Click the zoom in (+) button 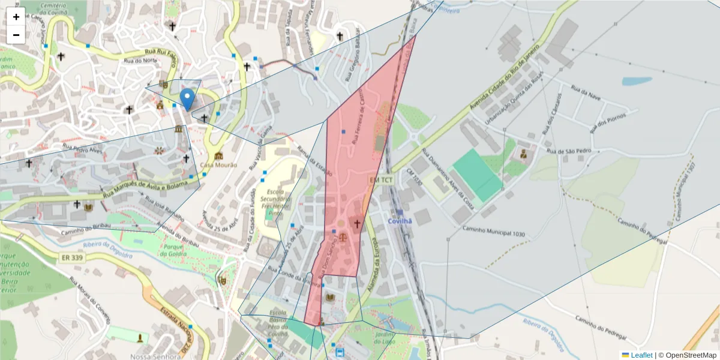[16, 17]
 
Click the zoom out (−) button [16, 35]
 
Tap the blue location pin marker [187, 98]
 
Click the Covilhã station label [400, 221]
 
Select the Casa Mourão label [218, 165]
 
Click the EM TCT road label [381, 180]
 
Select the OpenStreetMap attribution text [687, 355]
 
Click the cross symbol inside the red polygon [357, 224]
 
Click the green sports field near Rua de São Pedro [477, 174]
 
